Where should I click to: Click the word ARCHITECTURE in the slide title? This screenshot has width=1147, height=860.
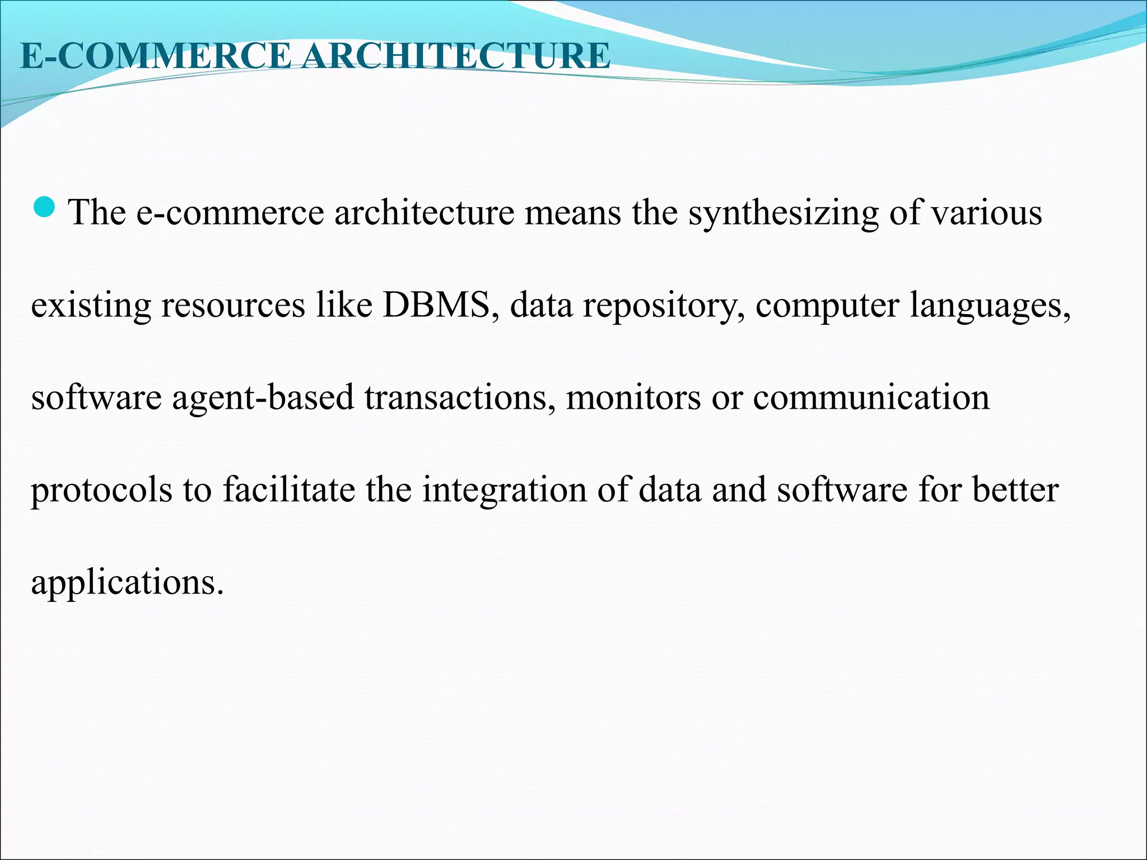click(455, 56)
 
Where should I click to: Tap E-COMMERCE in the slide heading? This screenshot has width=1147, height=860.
click(155, 56)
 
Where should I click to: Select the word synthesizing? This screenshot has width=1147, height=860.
click(784, 213)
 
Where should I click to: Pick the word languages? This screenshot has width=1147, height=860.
click(990, 306)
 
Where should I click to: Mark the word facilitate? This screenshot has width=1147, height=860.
click(289, 490)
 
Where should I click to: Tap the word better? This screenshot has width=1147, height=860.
click(1015, 490)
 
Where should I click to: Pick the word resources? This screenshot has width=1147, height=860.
click(233, 306)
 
